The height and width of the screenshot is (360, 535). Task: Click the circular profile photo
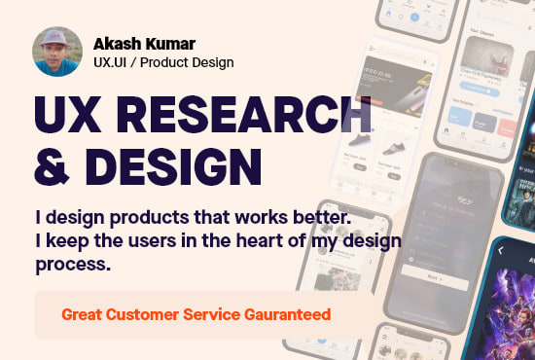(57, 53)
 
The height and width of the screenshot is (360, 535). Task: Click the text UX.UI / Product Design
(163, 63)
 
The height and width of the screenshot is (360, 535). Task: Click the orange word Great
(83, 314)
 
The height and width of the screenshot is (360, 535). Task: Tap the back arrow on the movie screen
(502, 251)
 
